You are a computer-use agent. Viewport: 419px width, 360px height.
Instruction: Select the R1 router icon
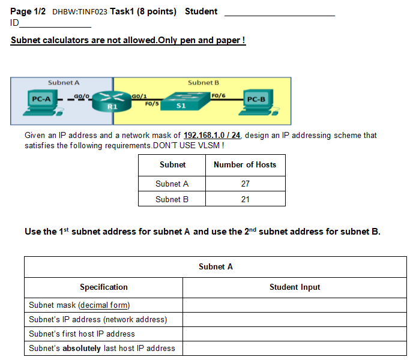112,101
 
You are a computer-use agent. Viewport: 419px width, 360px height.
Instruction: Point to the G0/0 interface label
82,96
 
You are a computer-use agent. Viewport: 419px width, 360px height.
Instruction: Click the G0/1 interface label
139,96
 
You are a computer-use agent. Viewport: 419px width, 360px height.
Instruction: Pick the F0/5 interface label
152,103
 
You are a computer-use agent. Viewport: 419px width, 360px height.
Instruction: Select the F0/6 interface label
219,95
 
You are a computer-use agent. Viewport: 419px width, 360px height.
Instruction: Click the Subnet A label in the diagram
64,83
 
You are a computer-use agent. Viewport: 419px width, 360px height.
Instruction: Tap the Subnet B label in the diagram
203,83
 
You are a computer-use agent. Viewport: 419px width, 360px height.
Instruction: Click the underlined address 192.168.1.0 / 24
212,135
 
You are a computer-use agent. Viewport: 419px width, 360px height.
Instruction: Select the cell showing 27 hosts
246,184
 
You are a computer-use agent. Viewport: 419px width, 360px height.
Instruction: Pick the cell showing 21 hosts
246,199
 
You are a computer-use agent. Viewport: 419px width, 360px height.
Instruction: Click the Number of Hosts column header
245,164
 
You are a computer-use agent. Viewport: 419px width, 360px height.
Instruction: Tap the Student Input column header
295,287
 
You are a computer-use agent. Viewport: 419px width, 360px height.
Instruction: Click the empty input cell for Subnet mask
295,305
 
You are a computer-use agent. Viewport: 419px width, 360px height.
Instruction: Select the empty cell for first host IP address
295,334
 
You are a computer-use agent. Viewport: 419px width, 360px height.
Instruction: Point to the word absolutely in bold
82,348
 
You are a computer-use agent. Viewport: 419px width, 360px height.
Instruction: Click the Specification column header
104,287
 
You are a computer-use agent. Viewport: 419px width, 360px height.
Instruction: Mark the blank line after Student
280,16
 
